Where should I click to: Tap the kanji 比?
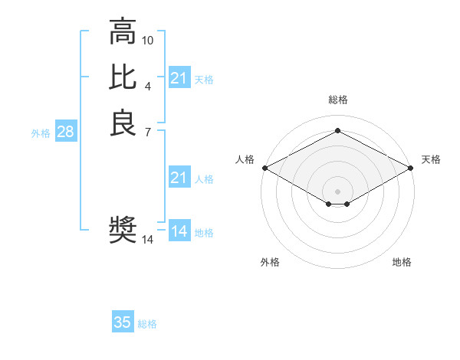123,77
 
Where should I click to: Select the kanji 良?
123,123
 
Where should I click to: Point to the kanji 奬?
123,229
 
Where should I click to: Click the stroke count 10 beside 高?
148,40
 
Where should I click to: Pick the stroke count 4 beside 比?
148,86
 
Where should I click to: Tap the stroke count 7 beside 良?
148,132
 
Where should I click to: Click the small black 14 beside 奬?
148,240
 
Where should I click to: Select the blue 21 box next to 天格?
179,78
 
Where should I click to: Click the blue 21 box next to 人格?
179,178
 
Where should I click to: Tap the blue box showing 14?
179,231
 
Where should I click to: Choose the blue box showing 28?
65,132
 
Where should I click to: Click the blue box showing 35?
123,322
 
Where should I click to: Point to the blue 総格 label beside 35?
147,324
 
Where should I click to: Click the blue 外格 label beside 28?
41,133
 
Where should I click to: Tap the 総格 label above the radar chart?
337,100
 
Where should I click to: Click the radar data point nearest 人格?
264,168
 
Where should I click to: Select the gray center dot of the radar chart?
337,191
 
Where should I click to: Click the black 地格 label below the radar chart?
402,263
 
